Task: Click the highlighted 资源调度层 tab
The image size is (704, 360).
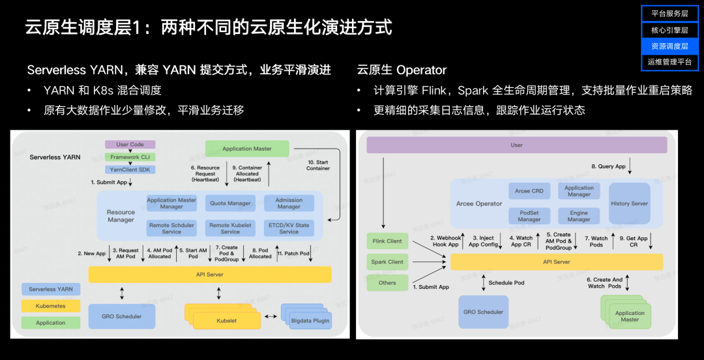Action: pyautogui.click(x=669, y=46)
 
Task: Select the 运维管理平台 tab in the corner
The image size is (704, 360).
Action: pyautogui.click(x=669, y=62)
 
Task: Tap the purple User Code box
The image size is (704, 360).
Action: pyautogui.click(x=130, y=144)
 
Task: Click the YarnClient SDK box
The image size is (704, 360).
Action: pyautogui.click(x=130, y=169)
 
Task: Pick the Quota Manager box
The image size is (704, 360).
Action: pyautogui.click(x=230, y=203)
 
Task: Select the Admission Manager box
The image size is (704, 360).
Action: pyautogui.click(x=289, y=203)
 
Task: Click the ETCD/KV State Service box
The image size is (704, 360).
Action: pyautogui.click(x=289, y=228)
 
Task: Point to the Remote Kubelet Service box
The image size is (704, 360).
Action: pyautogui.click(x=230, y=228)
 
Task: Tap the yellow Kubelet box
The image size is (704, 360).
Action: pyautogui.click(x=226, y=320)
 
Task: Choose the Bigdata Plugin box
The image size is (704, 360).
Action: pyautogui.click(x=310, y=320)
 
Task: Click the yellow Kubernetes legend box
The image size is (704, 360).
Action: pyautogui.click(x=51, y=306)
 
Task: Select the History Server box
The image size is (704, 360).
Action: pyautogui.click(x=629, y=203)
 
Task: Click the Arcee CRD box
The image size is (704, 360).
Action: pyautogui.click(x=529, y=191)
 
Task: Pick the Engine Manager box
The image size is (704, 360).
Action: pyautogui.click(x=579, y=216)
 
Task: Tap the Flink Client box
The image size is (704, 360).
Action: pyautogui.click(x=387, y=241)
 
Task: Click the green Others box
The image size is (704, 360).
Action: pyautogui.click(x=387, y=282)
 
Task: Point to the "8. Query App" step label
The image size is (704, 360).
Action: pyautogui.click(x=608, y=166)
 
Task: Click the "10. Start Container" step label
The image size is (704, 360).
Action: pyautogui.click(x=318, y=165)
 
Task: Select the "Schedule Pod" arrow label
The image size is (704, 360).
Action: pyautogui.click(x=506, y=282)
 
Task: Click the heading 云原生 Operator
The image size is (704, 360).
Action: pyautogui.click(x=402, y=70)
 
